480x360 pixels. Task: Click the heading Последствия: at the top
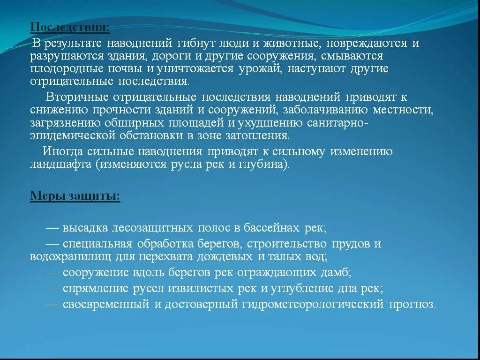tap(70, 27)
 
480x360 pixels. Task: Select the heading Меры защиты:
tap(75, 196)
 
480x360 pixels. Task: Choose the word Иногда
tap(63, 152)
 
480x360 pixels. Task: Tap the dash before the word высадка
tap(52, 228)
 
